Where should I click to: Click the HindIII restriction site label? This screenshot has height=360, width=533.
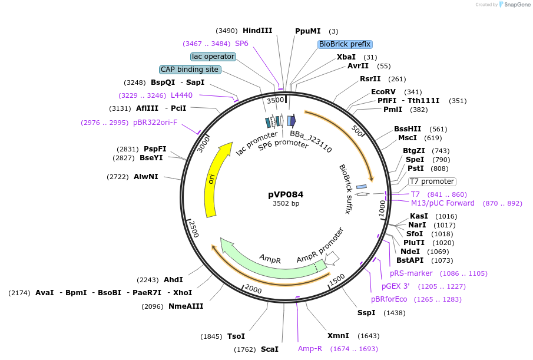pyautogui.click(x=257, y=31)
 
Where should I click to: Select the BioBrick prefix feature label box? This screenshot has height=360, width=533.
pyautogui.click(x=345, y=44)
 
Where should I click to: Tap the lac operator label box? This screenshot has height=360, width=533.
pyautogui.click(x=213, y=57)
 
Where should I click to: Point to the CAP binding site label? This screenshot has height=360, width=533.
pyautogui.click(x=190, y=70)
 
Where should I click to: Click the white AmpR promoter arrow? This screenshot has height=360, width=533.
pyautogui.click(x=332, y=258)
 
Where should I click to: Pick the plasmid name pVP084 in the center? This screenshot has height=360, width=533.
pyautogui.click(x=286, y=194)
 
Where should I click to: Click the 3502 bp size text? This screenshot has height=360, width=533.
pyautogui.click(x=286, y=203)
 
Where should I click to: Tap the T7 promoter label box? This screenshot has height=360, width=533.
pyautogui.click(x=432, y=181)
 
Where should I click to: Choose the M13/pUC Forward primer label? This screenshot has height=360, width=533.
pyautogui.click(x=442, y=203)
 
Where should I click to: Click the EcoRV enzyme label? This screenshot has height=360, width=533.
pyautogui.click(x=383, y=92)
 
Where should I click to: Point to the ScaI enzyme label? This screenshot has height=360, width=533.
pyautogui.click(x=270, y=349)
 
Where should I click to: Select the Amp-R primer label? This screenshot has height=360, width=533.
pyautogui.click(x=310, y=349)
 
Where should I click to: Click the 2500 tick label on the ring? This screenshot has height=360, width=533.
pyautogui.click(x=194, y=229)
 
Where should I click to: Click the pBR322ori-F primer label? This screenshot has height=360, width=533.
pyautogui.click(x=155, y=123)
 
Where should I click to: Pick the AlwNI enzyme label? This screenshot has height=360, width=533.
pyautogui.click(x=146, y=177)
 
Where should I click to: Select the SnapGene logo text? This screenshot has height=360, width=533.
pyautogui.click(x=517, y=5)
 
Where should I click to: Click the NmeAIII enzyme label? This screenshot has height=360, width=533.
pyautogui.click(x=186, y=306)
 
